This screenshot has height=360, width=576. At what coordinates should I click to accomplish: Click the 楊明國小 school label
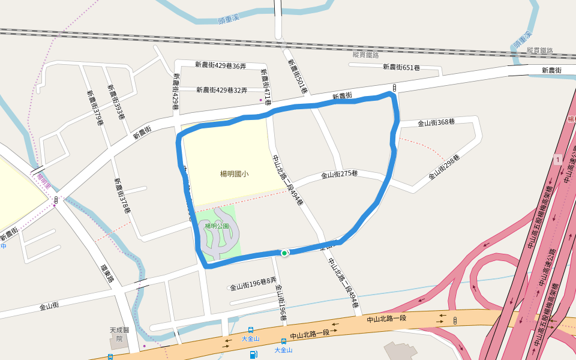(x=234, y=174)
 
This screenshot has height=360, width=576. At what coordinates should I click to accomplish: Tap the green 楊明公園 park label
(x=217, y=226)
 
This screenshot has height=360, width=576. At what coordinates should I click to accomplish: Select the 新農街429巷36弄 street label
(x=220, y=65)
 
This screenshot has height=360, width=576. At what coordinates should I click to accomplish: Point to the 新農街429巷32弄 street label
(x=221, y=90)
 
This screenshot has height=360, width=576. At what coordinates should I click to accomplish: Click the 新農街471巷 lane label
(x=266, y=86)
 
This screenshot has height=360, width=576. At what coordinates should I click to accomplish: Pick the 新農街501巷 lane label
(x=297, y=76)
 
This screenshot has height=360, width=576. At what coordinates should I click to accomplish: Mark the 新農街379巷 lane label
(x=95, y=108)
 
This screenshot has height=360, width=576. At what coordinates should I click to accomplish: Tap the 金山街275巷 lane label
(x=339, y=175)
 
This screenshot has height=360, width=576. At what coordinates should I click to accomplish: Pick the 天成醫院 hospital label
(x=116, y=334)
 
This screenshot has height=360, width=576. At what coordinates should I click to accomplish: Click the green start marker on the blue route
(x=284, y=253)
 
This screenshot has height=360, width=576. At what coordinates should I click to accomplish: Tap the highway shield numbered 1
(x=559, y=159)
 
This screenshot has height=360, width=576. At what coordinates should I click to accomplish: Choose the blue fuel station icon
(x=253, y=355)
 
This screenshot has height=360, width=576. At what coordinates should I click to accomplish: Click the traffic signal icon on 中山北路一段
(x=455, y=320)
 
